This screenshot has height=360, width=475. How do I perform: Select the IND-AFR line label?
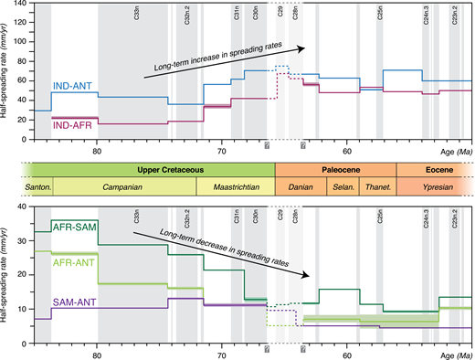(69, 124)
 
